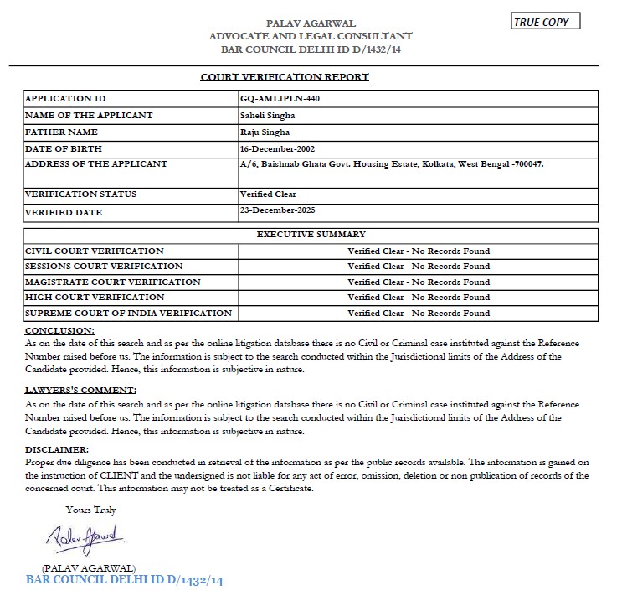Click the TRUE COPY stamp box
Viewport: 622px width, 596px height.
(x=545, y=22)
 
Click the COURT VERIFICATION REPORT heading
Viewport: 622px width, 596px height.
(x=285, y=77)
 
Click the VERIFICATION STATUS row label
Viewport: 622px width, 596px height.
(x=81, y=194)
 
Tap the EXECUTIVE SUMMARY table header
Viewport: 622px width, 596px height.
(x=311, y=235)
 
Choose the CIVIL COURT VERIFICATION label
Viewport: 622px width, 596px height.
(x=95, y=251)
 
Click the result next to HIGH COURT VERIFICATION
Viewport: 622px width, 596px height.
(x=419, y=298)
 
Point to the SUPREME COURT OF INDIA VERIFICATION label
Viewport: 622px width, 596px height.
(x=129, y=314)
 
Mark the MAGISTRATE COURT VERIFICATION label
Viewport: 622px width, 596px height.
(x=113, y=282)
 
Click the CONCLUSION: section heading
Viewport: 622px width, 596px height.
(x=59, y=330)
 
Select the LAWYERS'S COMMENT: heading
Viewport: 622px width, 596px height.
(x=80, y=391)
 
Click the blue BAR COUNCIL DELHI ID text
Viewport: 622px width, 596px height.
(x=125, y=579)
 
